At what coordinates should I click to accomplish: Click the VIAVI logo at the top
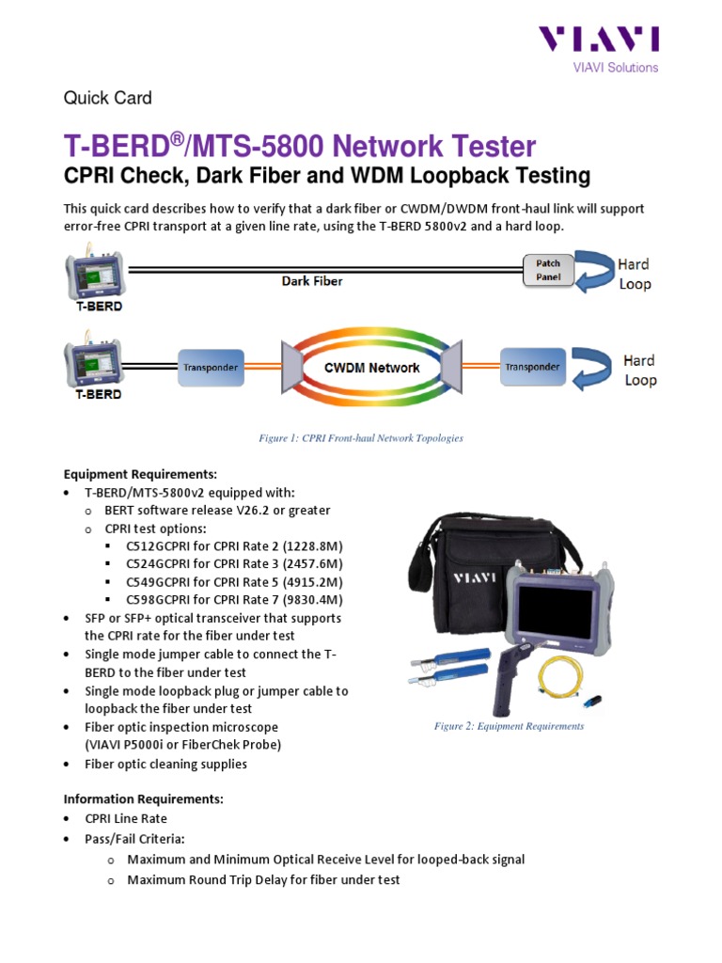coord(598,39)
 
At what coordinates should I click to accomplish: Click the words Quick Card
coord(107,98)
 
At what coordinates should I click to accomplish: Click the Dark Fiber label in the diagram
coord(312,280)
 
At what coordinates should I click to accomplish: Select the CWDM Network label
coord(372,367)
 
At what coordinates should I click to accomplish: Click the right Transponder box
coord(533,367)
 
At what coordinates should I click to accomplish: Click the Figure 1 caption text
coord(361,438)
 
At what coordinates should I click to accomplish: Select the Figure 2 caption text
coord(509,726)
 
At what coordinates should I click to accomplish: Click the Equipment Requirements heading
coord(140,474)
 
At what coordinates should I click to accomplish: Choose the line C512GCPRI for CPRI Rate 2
coord(234,546)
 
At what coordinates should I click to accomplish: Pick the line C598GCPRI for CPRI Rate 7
coord(234,599)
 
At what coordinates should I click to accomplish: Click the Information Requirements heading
coord(143,799)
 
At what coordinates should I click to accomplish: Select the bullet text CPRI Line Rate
coord(126,818)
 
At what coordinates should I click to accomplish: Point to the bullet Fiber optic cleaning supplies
coord(165,764)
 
